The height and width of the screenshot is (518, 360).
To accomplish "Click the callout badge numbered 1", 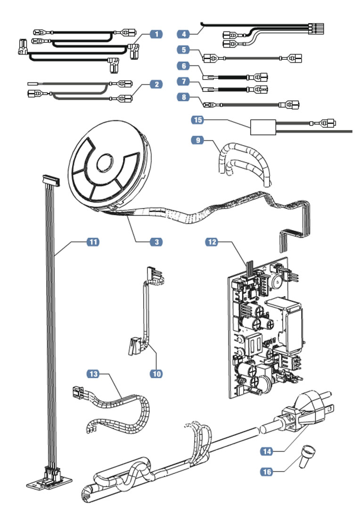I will pos(156,34).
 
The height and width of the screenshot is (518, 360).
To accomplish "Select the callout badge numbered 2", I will pos(156,84).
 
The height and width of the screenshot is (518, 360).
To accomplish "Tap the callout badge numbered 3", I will pos(156,242).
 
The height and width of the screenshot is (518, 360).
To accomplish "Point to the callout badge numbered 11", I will pos(93,242).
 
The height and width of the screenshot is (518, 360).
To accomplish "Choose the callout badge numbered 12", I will pos(213,242).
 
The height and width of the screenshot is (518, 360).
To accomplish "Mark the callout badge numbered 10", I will pos(156,373).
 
